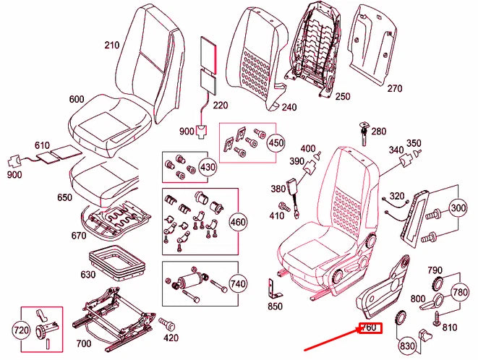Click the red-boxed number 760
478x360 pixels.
369,328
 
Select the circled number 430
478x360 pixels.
208,167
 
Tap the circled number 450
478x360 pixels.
276,142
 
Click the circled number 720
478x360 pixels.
22,331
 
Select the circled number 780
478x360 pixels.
460,291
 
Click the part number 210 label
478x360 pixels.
111,45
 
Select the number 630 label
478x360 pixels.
88,275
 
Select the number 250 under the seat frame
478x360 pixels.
342,96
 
